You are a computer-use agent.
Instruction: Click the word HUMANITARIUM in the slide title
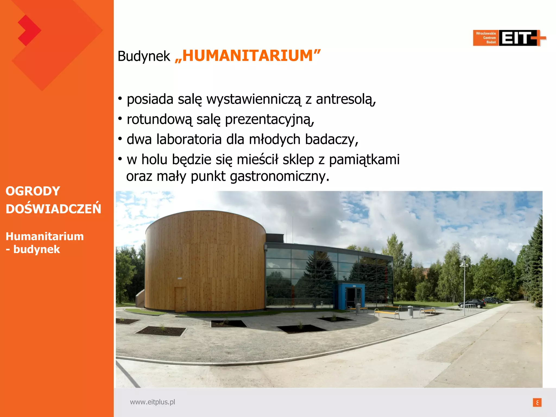248,56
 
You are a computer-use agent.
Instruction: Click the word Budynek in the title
144,56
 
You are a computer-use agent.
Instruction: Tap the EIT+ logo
509,38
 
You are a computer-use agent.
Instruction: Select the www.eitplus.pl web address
152,402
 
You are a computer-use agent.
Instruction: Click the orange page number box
537,402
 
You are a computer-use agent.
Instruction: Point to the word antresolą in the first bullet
346,99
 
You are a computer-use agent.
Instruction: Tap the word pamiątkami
364,160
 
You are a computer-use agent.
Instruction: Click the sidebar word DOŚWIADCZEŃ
53,209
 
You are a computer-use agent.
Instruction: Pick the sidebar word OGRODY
33,191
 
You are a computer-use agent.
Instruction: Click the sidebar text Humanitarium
45,236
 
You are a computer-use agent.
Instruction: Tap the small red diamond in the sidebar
29,30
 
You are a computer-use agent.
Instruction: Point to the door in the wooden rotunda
181,299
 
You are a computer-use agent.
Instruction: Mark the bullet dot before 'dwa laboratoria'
120,139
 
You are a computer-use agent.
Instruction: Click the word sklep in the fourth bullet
298,160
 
